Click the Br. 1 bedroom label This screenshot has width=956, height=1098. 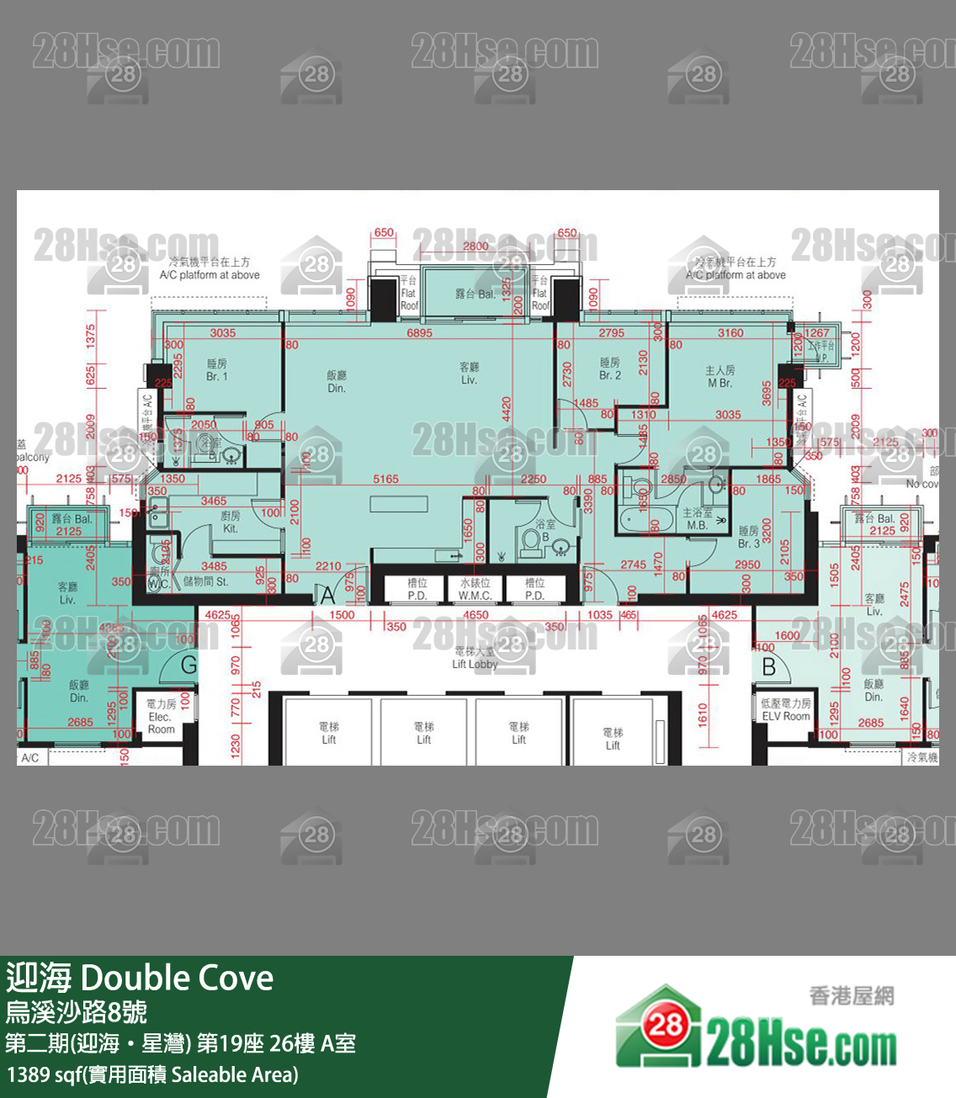217,370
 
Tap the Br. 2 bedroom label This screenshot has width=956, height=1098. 610,369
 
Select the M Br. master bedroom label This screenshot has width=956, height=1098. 720,376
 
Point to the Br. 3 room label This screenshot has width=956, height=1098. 749,537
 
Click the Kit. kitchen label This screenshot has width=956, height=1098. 231,522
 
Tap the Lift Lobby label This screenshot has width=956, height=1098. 475,658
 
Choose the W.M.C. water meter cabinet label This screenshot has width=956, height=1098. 475,589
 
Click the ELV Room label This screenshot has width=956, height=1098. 786,710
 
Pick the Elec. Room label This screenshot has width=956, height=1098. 161,717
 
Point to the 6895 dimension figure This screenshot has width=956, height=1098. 419,333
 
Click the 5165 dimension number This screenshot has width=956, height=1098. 385,480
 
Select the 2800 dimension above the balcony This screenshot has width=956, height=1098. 475,247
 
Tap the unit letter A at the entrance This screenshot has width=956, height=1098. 328,596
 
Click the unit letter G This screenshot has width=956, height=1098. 189,665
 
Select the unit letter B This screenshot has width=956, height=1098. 768,667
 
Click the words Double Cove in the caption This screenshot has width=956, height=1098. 177,979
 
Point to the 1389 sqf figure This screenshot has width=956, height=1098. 42,1075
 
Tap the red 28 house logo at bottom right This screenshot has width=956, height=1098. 665,1025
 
